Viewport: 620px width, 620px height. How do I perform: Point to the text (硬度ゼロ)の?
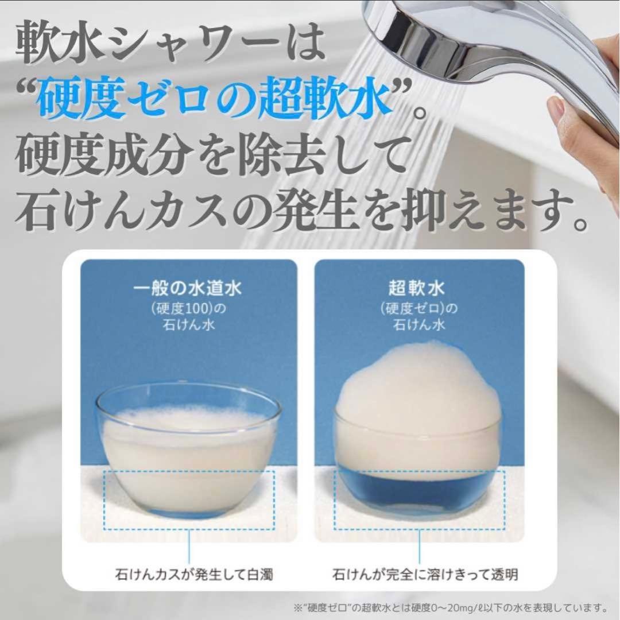[419, 308]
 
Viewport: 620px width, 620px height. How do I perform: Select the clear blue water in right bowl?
[419, 494]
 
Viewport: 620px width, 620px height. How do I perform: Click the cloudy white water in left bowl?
[187, 465]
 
